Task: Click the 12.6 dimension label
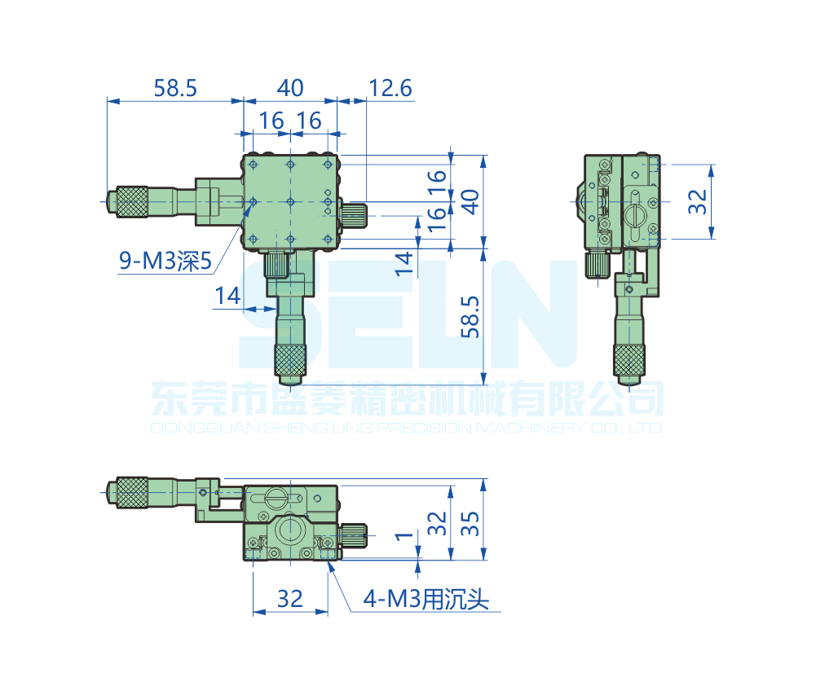coord(390,88)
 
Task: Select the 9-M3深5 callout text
coord(165,261)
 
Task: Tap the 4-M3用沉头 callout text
coord(426,599)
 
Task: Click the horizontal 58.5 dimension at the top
coord(175,88)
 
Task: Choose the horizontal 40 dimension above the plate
coord(290,88)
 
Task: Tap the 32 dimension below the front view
coord(290,599)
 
